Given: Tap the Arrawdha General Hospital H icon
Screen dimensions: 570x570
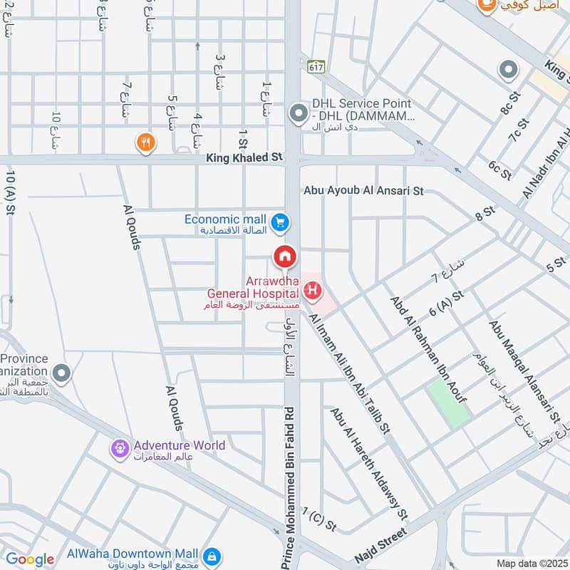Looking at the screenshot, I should (311, 290).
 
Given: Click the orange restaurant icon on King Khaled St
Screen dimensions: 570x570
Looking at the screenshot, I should (145, 142).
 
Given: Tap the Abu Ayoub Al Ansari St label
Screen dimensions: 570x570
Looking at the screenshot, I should (363, 191).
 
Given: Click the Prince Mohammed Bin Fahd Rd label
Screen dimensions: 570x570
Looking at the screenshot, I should (288, 488).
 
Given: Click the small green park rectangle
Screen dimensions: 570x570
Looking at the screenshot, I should (448, 404).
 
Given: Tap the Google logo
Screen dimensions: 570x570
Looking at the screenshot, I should (30, 559).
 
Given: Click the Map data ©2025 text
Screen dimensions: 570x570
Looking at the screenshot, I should (531, 563).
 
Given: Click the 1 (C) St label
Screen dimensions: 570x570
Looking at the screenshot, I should (318, 519).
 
